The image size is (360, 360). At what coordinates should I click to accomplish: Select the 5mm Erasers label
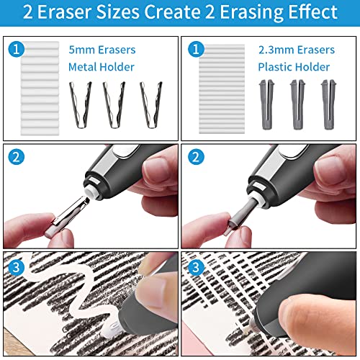click(x=102, y=50)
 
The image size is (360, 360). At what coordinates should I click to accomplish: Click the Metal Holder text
click(x=102, y=67)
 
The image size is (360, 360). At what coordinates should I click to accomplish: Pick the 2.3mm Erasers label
click(x=296, y=50)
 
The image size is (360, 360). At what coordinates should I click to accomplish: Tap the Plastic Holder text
click(x=294, y=67)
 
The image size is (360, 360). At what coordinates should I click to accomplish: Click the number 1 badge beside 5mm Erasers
click(x=17, y=50)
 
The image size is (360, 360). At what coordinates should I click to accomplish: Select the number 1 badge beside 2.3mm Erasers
click(x=195, y=50)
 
